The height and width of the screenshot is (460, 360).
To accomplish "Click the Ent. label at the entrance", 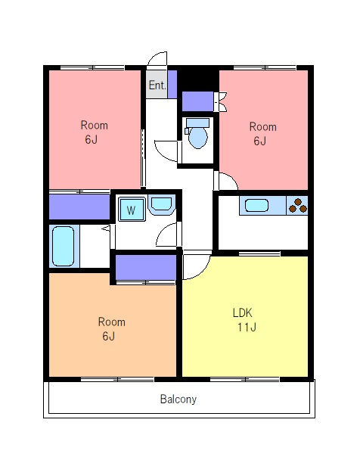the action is pos(157,85).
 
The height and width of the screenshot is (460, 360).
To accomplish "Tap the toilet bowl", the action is pos(198,137).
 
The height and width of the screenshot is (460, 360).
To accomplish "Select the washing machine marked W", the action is pos(132,209).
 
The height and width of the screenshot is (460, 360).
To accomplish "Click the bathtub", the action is pos(63,246).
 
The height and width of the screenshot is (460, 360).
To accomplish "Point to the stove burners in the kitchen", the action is pos(298,206).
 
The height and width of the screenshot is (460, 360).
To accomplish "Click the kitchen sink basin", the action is pos(256,205).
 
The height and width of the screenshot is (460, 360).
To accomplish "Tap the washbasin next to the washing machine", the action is pos(162,204).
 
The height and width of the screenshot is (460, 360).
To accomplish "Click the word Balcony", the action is pos(178,399).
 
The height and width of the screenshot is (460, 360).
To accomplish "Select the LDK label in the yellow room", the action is pos(243,313).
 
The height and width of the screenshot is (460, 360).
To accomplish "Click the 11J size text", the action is pos(247,327).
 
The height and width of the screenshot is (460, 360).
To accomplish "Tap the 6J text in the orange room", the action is pos(108,336).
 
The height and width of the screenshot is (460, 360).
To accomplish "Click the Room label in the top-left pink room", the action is pos(94,126).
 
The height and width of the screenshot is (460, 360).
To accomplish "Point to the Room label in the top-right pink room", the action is pos(262,127).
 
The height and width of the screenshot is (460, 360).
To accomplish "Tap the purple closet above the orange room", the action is pos(146,267).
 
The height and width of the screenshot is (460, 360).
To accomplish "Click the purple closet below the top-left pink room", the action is pos(79,207).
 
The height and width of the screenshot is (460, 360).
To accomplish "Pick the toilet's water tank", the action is pos(198,123).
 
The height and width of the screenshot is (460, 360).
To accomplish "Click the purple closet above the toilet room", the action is pos(197,101).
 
